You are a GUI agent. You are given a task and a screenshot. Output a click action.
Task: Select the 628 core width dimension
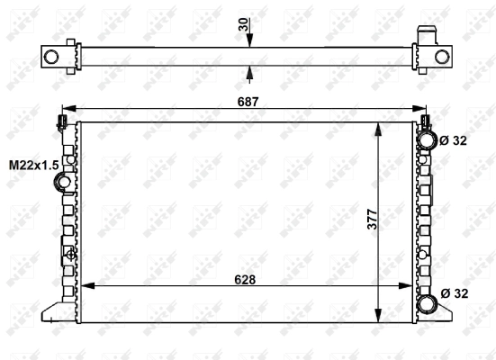point(244,280)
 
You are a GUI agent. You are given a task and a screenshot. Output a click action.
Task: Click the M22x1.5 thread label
point(33,165)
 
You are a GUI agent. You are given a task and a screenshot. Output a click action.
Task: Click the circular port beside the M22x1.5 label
point(65,184)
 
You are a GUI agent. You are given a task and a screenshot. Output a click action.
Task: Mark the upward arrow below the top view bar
point(249,73)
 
